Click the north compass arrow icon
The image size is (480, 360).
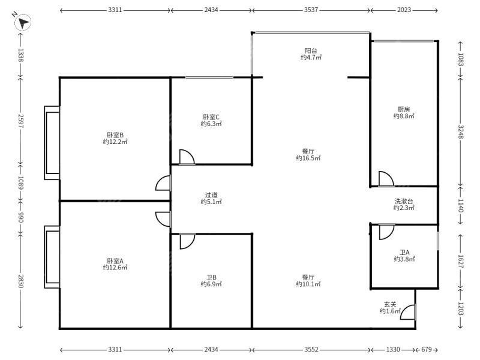tap(23, 22)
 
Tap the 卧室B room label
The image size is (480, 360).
tap(115, 135)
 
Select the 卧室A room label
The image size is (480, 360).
tap(115, 261)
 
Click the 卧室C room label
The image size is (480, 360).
tap(211, 117)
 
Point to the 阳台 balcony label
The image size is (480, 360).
tap(311, 50)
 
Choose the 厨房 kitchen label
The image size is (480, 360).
tap(404, 109)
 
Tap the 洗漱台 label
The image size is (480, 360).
tap(404, 201)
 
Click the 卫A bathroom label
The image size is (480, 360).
tap(404, 253)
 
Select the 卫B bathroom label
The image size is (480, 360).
tap(211, 277)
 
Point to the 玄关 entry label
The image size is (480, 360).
tap(391, 304)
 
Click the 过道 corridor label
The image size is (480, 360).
tap(211, 194)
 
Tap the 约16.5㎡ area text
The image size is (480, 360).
tap(308, 158)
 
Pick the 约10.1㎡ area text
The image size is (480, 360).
tap(308, 284)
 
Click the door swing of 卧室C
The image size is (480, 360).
tap(187, 157)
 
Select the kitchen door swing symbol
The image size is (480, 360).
tap(386, 178)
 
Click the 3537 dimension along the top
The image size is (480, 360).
tap(311, 10)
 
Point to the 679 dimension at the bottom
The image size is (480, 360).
tap(427, 349)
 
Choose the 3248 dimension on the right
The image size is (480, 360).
tap(461, 131)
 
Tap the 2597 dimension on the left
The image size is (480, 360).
tap(20, 121)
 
